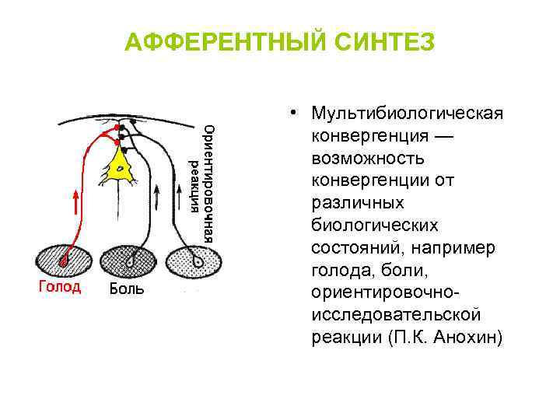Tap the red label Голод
(x=60, y=287)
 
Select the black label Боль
(x=125, y=289)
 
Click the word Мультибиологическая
(x=407, y=114)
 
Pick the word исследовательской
(x=396, y=314)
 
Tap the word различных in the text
(x=357, y=203)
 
